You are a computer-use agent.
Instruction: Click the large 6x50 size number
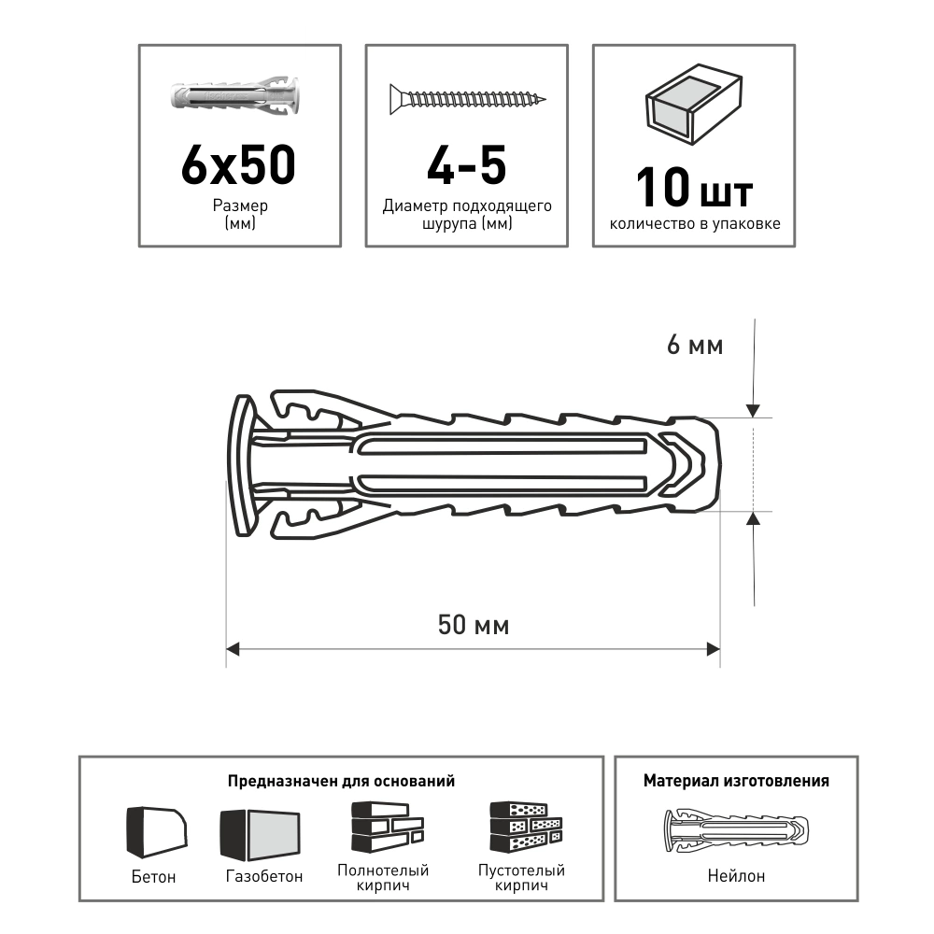pos(238,163)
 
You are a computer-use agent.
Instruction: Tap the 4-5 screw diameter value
pos(466,163)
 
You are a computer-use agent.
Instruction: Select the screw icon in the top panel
pos(468,99)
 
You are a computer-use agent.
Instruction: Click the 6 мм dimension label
pos(695,345)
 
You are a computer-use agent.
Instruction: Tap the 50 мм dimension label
pos(474,625)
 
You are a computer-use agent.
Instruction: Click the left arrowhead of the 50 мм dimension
pos(233,649)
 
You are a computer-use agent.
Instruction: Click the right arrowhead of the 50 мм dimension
pos(713,649)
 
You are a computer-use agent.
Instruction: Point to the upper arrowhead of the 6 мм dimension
pos(754,410)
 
